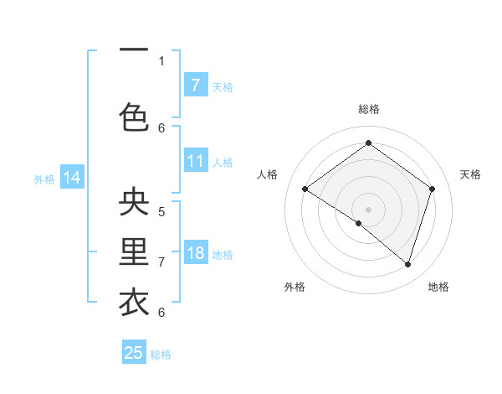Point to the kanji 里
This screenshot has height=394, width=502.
[135, 253]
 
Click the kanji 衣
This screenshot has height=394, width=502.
[135, 303]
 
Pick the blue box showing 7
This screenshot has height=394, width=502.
[195, 86]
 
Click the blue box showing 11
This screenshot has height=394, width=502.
[195, 161]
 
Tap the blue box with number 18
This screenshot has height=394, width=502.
[195, 254]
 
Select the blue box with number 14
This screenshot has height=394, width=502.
[72, 178]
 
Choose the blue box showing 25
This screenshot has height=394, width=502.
[134, 353]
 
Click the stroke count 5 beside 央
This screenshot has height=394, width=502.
[161, 211]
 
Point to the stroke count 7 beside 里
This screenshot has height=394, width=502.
[161, 262]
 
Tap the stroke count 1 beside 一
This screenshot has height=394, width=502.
[161, 60]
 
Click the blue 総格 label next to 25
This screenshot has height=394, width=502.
[161, 355]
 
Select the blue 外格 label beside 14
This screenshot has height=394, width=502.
[44, 179]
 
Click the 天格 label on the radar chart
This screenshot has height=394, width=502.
[470, 174]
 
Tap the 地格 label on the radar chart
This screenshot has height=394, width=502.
[438, 287]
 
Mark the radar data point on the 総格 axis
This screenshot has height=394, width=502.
[368, 143]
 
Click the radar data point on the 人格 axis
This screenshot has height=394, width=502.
[305, 189]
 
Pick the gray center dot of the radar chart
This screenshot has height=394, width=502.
[368, 209]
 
